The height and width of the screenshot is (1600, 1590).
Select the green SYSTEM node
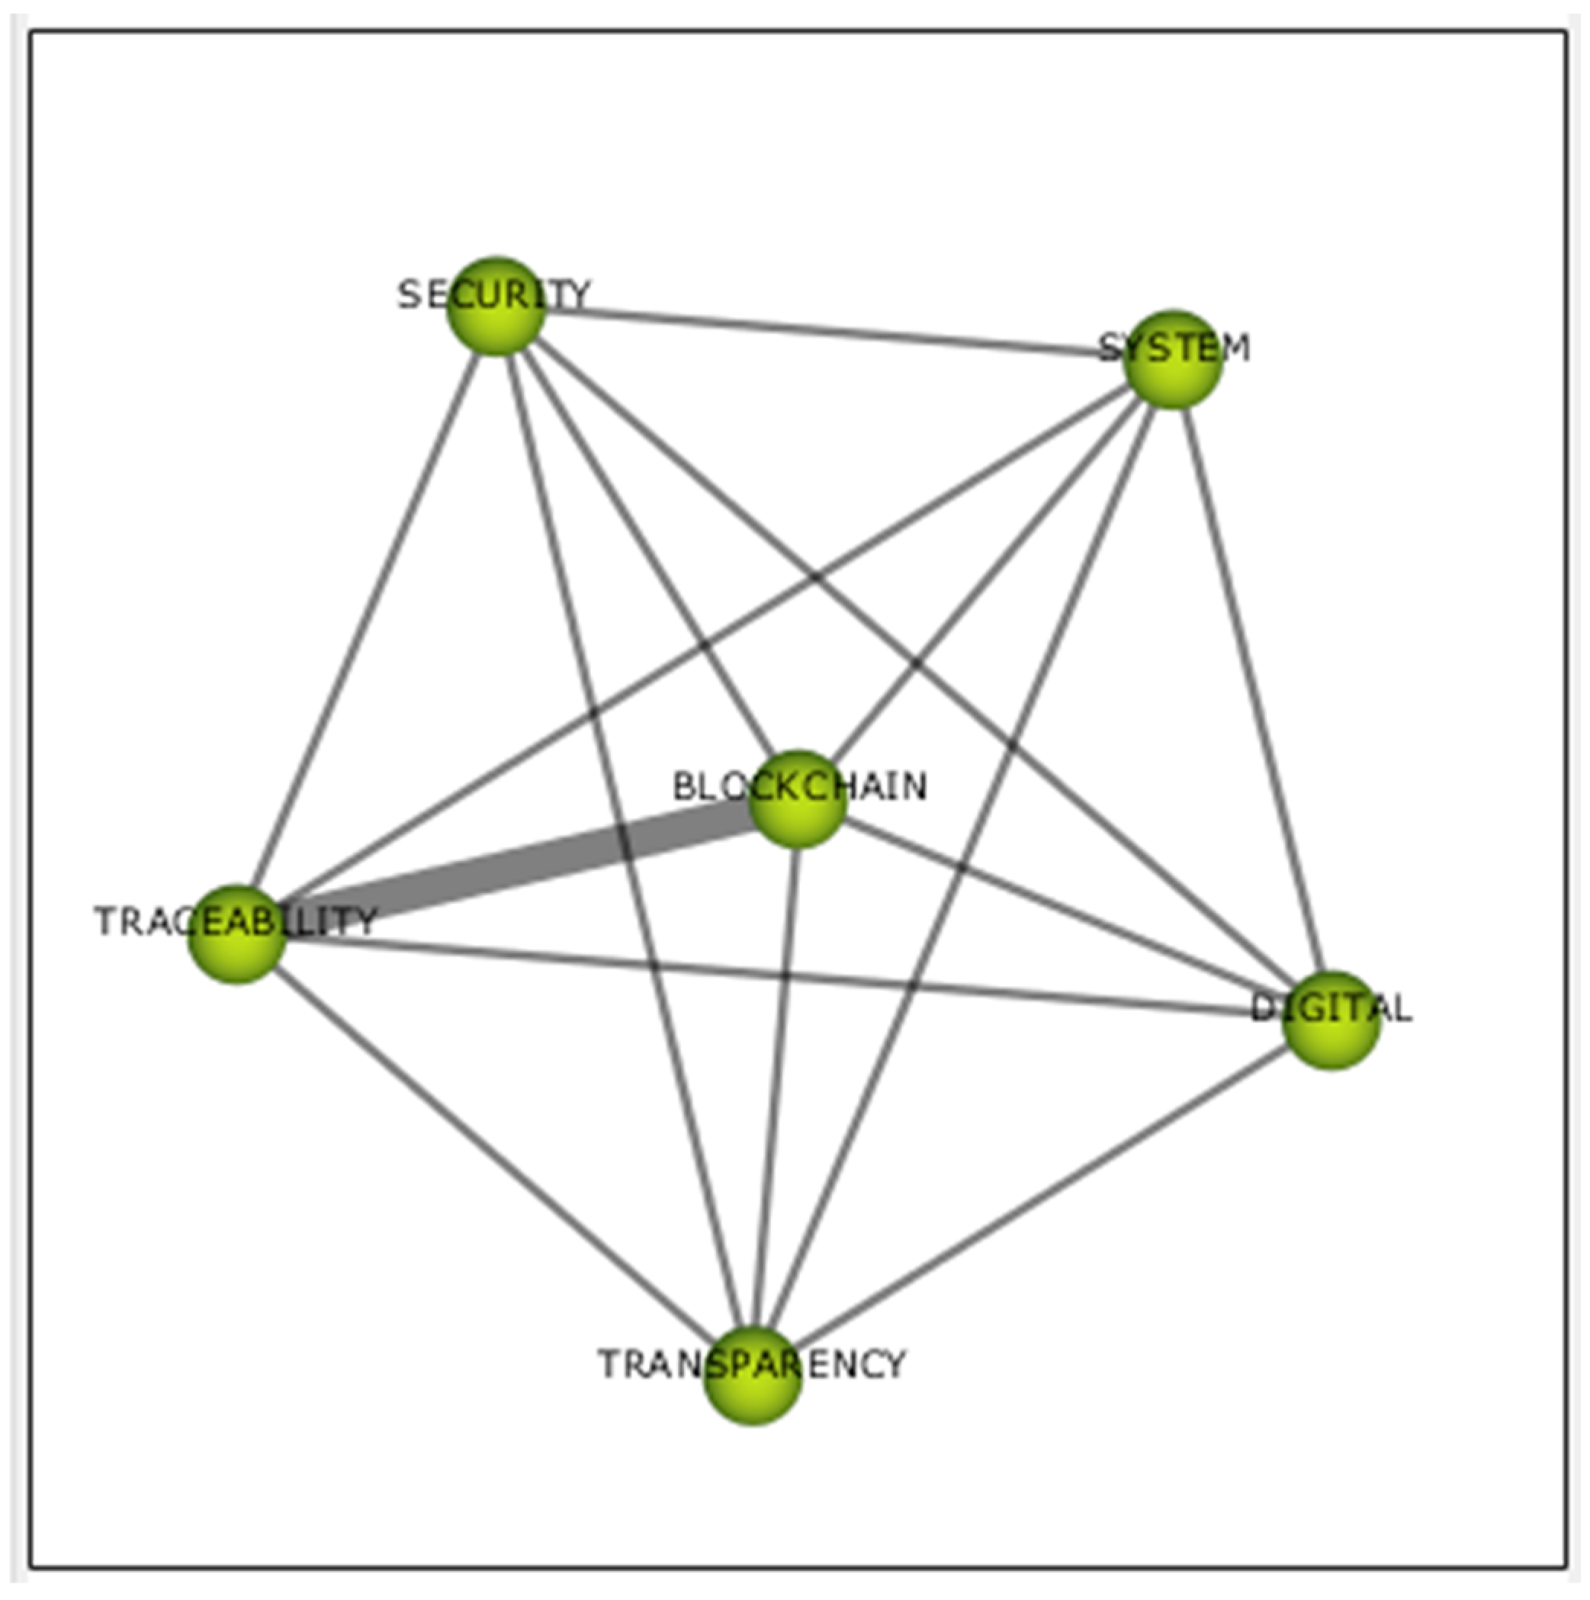point(1173,359)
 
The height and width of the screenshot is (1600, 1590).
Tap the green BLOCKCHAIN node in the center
point(798,799)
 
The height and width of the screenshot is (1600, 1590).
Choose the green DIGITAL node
point(1331,1020)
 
